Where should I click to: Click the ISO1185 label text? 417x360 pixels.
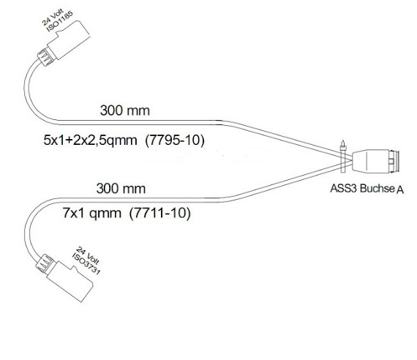60,21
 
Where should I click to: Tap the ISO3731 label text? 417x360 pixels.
86,264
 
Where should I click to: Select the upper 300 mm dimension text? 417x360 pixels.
125,110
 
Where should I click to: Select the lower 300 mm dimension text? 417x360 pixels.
121,188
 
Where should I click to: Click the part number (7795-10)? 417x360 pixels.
175,140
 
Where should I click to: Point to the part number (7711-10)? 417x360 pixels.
159,213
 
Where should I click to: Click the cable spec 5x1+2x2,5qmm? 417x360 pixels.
90,140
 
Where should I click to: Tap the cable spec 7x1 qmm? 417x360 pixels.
91,213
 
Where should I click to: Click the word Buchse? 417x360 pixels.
377,188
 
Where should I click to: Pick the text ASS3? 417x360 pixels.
344,188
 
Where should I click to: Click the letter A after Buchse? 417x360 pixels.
400,190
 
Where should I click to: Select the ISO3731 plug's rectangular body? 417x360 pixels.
70,282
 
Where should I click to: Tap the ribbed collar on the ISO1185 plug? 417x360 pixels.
44,57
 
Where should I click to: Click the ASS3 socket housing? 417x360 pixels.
370,160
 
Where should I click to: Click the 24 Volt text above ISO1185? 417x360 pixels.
53,17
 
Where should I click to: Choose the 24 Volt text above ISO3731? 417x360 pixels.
88,256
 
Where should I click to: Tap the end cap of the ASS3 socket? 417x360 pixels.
394,161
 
